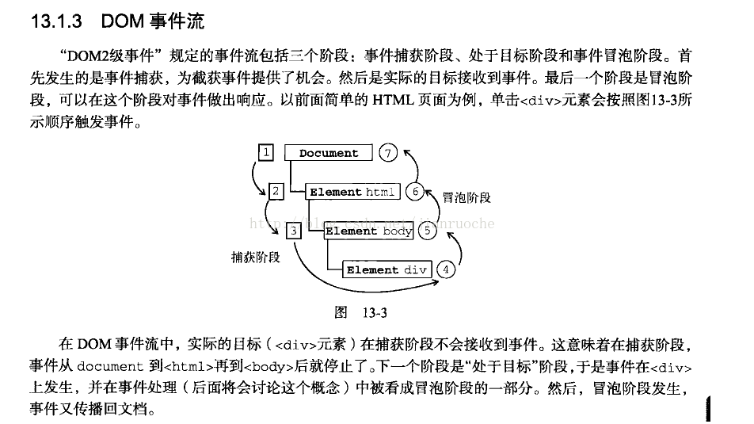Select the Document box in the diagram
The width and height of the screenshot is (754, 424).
[x=329, y=154]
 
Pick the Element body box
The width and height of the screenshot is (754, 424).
[x=369, y=231]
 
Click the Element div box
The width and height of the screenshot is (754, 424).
[x=387, y=269]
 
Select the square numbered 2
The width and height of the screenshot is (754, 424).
[x=276, y=191]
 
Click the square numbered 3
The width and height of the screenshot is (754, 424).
[x=293, y=231]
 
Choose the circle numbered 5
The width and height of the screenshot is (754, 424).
[x=427, y=231]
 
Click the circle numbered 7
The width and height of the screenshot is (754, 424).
[x=387, y=153]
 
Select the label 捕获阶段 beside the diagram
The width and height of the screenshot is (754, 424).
[x=255, y=257]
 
